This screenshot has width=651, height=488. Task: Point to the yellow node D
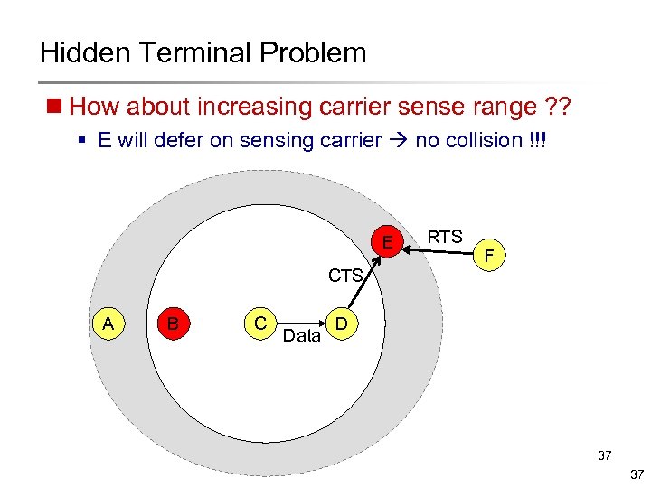[x=341, y=324]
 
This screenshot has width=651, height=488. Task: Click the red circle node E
[x=388, y=243]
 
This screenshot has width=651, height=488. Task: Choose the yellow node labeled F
[x=489, y=257]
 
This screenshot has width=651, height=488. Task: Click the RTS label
[x=445, y=238]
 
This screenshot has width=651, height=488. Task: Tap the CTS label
[x=345, y=275]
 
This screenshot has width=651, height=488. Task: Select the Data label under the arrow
[x=302, y=336]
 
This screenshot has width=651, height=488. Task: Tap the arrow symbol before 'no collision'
[x=398, y=141]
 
